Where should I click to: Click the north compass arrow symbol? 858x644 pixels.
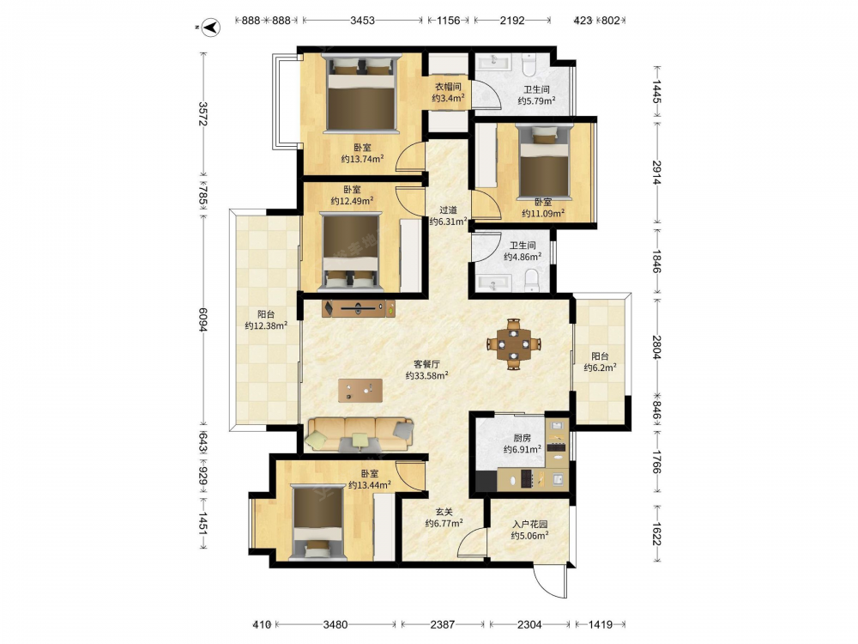click(x=211, y=27)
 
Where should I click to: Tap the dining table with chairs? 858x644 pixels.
click(x=514, y=344)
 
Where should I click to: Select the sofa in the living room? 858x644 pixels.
click(x=359, y=434)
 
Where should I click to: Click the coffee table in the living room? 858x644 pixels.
click(x=360, y=391)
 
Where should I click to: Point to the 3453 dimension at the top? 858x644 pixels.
click(x=362, y=21)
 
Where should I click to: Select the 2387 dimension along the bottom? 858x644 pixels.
click(x=442, y=623)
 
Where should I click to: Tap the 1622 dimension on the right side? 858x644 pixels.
click(x=656, y=532)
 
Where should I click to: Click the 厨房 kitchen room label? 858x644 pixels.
click(x=522, y=438)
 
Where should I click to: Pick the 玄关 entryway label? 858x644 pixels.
click(x=444, y=512)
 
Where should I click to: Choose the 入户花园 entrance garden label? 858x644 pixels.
click(x=529, y=524)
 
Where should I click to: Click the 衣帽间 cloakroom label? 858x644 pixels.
click(x=448, y=87)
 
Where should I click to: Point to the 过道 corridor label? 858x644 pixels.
click(x=448, y=210)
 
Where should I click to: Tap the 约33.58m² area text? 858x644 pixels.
click(x=427, y=376)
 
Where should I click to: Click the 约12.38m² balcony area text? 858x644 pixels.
click(x=267, y=325)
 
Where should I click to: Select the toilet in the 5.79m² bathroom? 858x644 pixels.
click(x=529, y=64)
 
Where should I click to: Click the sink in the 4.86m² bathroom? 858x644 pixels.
click(x=495, y=283)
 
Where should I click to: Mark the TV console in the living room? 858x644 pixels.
click(x=359, y=309)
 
